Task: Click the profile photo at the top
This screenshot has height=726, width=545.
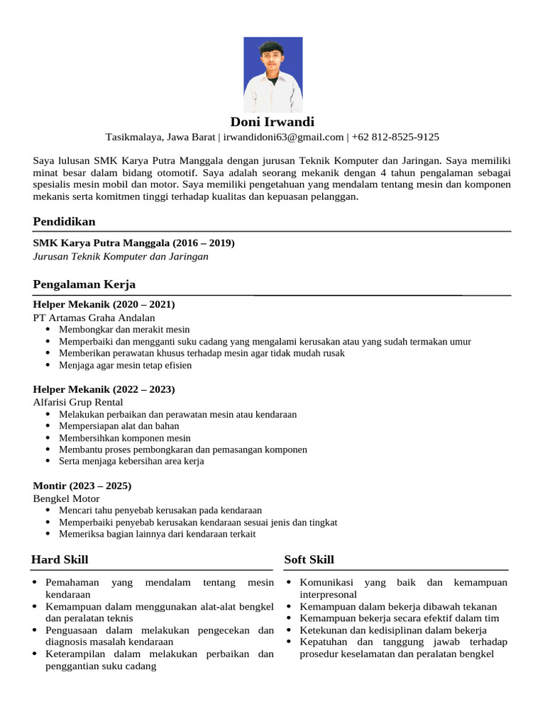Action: coord(272,74)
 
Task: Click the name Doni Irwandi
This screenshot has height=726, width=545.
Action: coord(272,122)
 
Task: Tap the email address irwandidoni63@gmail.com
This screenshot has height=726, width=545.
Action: coord(284,137)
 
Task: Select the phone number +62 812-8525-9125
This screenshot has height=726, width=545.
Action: coord(395,137)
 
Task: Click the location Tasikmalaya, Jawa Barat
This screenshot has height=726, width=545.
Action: coord(160,137)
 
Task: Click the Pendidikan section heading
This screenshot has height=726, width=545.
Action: coord(64,222)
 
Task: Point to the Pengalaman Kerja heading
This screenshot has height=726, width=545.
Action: coord(84,284)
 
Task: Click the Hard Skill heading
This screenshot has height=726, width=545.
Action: coord(60,560)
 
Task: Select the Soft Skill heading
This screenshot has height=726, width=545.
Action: coord(309,560)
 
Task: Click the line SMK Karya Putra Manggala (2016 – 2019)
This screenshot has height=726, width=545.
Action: coord(133,243)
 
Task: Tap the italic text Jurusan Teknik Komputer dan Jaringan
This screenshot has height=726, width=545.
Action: coord(121,256)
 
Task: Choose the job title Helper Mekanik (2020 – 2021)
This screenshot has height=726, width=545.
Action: coord(104,304)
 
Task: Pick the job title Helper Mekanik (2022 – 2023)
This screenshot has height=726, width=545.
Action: coord(104,389)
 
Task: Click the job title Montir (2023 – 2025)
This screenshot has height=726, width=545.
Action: coord(82,486)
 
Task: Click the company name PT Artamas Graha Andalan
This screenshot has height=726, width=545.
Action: coord(94,318)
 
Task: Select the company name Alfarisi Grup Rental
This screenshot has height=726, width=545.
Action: coord(78,402)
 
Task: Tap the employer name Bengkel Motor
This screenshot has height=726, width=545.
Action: coord(66,498)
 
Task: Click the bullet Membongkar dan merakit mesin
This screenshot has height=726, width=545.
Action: coord(124,330)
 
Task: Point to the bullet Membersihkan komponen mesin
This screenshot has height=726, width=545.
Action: coord(124,438)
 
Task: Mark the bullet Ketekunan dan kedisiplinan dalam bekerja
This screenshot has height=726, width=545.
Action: coord(393,630)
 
